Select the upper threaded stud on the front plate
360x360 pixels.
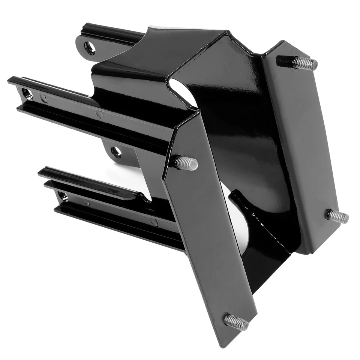(x=186, y=163)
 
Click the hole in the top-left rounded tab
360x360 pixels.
(x=90, y=48)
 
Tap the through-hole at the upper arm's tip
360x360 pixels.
(x=27, y=94)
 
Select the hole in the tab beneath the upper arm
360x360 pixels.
(x=116, y=151)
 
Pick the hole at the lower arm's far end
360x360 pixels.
(x=63, y=196)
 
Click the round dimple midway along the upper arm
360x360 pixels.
(x=99, y=114)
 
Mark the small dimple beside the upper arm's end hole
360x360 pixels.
(x=44, y=99)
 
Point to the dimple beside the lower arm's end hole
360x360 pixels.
(x=87, y=202)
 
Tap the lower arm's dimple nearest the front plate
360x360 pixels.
(x=154, y=222)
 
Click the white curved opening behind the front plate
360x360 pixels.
(x=240, y=225)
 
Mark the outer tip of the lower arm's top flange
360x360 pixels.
(x=41, y=172)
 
